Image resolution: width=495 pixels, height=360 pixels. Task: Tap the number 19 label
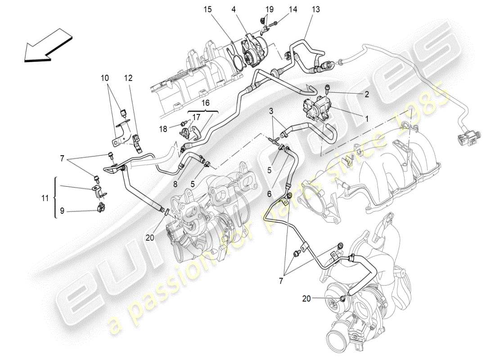(x=269, y=9)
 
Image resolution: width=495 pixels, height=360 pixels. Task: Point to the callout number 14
(x=293, y=9)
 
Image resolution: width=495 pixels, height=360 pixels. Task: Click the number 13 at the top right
(x=316, y=9)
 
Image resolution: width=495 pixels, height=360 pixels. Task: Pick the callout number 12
(x=129, y=78)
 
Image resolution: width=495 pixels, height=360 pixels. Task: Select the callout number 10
(x=105, y=78)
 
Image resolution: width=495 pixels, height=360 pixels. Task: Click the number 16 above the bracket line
(x=205, y=103)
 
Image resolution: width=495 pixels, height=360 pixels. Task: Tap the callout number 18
(x=163, y=129)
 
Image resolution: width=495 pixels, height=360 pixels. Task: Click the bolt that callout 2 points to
(x=327, y=89)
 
